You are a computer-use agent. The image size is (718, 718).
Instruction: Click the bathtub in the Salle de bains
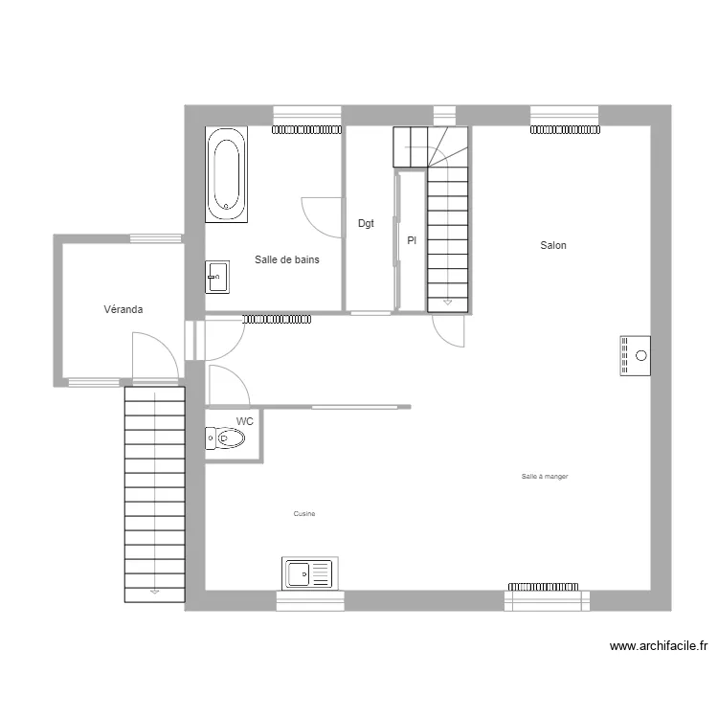tap(226, 175)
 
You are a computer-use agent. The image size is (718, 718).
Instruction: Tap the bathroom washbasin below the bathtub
tap(217, 278)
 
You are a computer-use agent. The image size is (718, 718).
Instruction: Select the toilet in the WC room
tap(226, 438)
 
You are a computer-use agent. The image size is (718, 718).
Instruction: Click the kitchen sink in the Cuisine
tap(307, 573)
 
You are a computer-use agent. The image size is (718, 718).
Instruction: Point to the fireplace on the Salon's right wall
tap(635, 356)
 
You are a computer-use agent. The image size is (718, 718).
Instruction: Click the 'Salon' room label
tap(553, 246)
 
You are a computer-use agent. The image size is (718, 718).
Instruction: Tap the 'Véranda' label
tap(124, 309)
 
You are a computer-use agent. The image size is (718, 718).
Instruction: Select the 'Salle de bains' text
tap(287, 259)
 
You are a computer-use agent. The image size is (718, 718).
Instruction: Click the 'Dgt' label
tap(366, 224)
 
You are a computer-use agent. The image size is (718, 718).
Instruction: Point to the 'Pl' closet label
tap(412, 241)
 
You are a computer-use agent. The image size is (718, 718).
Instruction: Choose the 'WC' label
tap(245, 421)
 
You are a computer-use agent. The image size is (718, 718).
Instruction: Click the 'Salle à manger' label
tap(545, 476)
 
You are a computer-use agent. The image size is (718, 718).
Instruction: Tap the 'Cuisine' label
tap(304, 514)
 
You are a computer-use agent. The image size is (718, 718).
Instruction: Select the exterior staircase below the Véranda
tap(154, 493)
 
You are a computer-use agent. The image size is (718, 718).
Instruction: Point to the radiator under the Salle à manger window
tap(544, 586)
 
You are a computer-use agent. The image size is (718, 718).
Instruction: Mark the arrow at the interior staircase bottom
tap(447, 303)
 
